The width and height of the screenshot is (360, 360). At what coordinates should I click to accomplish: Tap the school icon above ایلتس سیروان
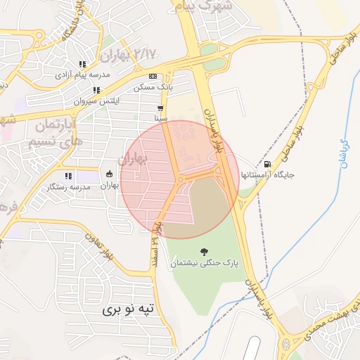click(x=96, y=90)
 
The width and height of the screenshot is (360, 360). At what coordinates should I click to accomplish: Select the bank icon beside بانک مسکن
click(x=153, y=77)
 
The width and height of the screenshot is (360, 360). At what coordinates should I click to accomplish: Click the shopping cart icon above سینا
click(x=162, y=108)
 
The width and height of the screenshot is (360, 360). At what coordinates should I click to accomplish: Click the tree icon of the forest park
click(x=204, y=251)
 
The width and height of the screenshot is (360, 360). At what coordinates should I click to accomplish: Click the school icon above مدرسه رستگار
click(x=68, y=176)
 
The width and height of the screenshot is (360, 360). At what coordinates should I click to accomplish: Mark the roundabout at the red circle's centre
click(x=181, y=180)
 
